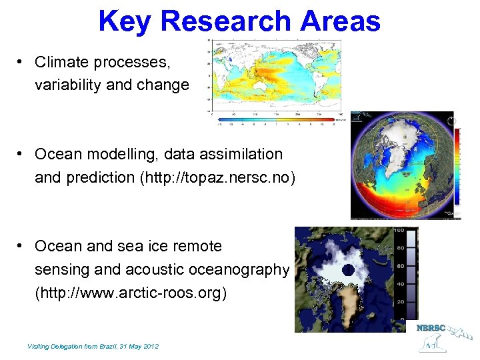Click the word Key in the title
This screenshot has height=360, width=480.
click(x=125, y=21)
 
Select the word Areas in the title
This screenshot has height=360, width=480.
click(x=340, y=21)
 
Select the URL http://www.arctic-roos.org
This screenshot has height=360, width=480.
click(x=131, y=293)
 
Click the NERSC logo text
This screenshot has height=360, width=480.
click(x=431, y=328)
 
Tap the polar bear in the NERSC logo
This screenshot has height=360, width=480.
click(x=434, y=343)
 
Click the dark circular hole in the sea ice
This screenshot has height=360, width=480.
click(x=348, y=270)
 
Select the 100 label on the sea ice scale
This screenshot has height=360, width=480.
click(x=399, y=231)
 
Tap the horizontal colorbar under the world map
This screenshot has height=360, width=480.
click(x=276, y=119)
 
